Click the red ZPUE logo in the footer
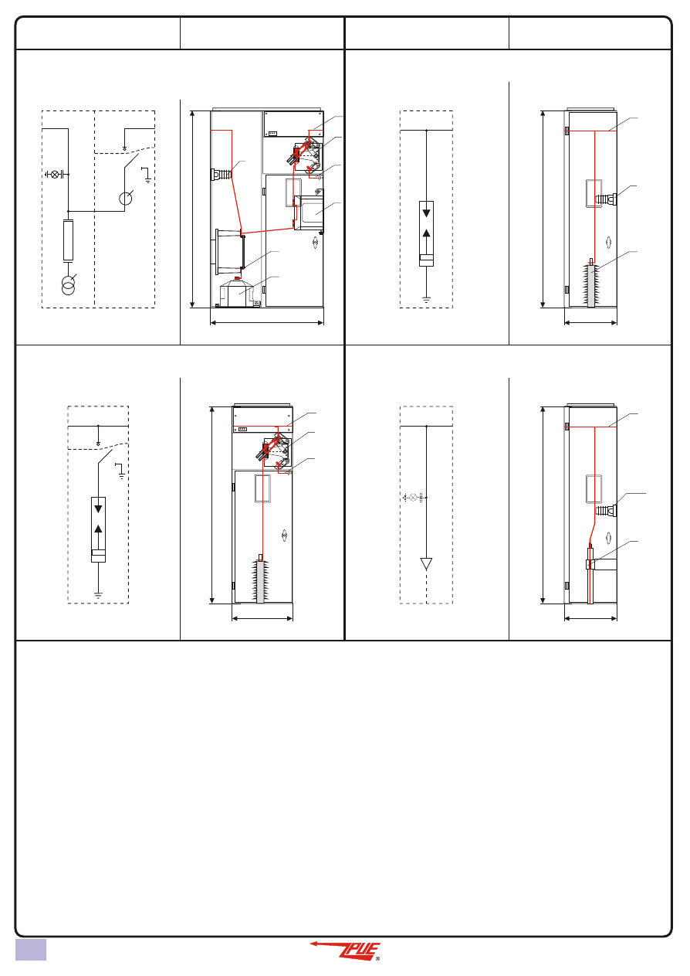(x=345, y=950)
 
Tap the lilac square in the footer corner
(x=31, y=949)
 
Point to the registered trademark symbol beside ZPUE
(x=377, y=958)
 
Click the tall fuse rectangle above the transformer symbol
(x=68, y=240)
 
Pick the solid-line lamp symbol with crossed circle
(x=55, y=175)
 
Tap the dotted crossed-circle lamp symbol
(x=413, y=497)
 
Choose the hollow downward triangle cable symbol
(x=426, y=564)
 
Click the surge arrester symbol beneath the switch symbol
(x=98, y=529)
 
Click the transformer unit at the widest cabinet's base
(x=236, y=292)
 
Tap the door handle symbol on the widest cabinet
(x=315, y=243)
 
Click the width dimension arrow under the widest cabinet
(x=267, y=323)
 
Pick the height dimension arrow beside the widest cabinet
(x=192, y=209)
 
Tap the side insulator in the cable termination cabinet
(x=606, y=510)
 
